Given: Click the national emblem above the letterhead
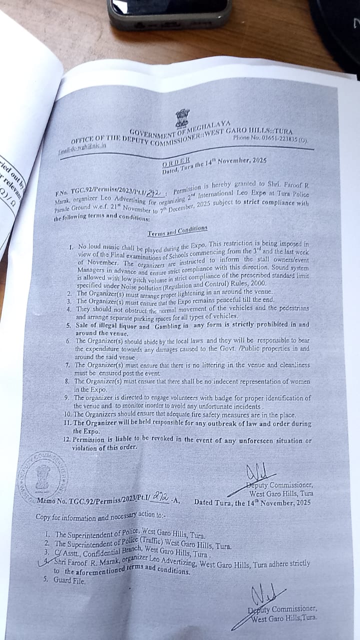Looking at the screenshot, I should pos(182,118).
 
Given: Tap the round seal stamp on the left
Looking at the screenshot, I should pos(42,475).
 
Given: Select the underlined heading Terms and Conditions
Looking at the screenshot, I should pos(177,230).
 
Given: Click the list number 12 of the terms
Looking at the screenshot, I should pos(66,439).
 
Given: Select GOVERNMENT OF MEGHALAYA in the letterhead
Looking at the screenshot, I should pos(180,130).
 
